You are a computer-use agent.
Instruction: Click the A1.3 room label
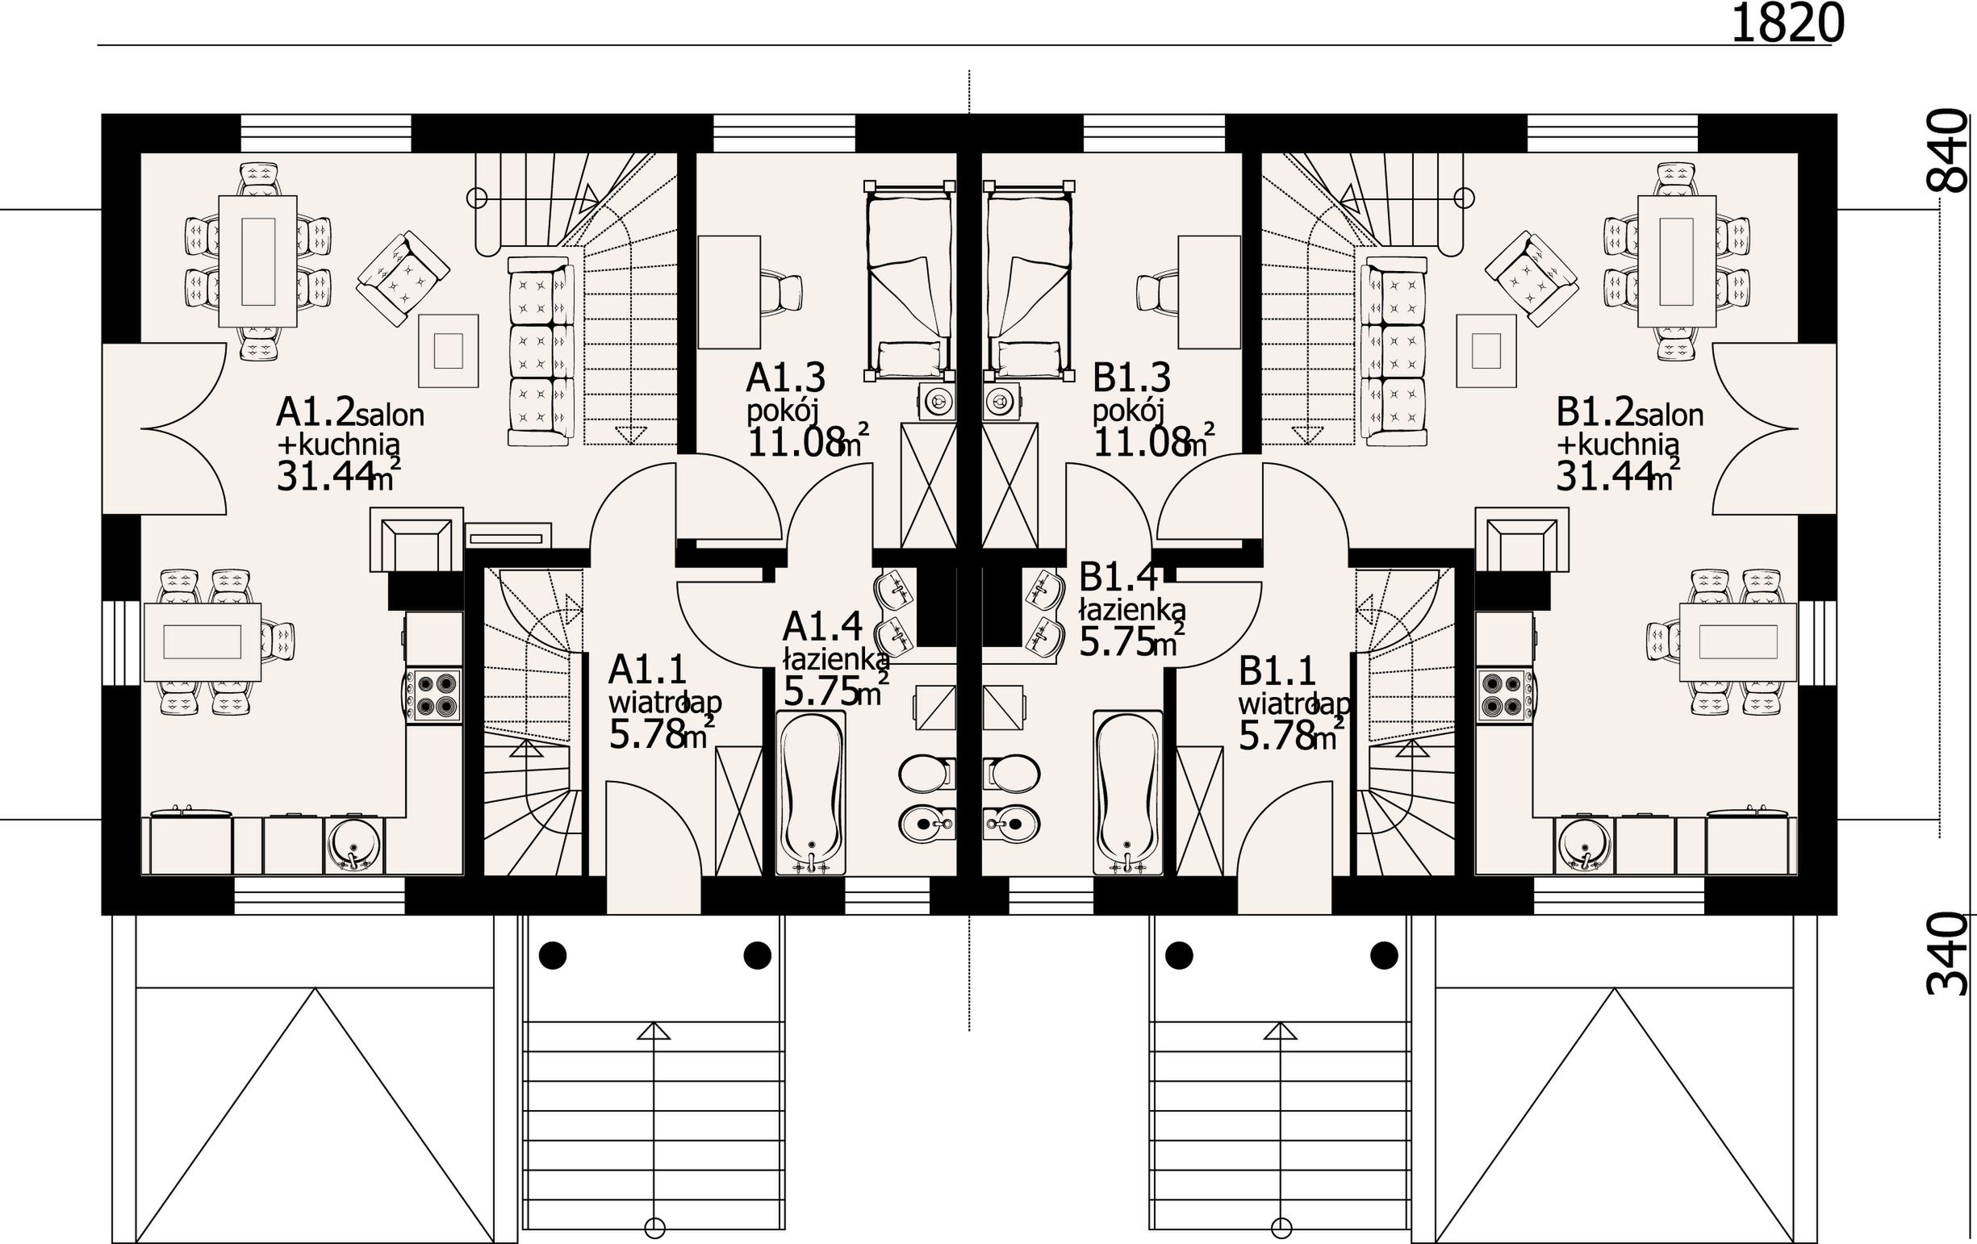786,378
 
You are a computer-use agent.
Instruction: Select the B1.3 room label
1131,378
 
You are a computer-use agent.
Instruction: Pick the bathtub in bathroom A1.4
810,793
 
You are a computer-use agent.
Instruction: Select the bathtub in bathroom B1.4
1127,793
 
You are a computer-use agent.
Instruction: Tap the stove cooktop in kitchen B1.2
1505,696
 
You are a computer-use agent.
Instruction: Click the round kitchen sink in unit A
354,845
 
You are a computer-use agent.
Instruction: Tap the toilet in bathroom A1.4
927,773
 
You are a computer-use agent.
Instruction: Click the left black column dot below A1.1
553,955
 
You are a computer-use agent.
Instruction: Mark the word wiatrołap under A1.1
664,703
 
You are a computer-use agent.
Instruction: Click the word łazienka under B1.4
1132,609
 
